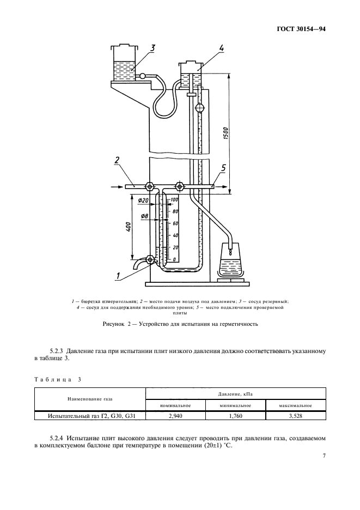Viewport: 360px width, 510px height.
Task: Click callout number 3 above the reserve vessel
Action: (x=152, y=48)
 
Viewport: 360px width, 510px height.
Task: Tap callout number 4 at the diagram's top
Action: (x=222, y=48)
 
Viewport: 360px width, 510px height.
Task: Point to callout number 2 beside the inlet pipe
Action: (x=117, y=160)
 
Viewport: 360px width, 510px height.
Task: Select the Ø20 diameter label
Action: (x=143, y=201)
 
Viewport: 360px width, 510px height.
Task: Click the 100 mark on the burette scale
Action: (x=174, y=201)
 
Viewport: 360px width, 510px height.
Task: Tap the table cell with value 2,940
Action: (x=175, y=417)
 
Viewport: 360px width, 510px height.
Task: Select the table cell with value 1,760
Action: (x=235, y=417)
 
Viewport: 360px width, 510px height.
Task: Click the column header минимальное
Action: (x=235, y=405)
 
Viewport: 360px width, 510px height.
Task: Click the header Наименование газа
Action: (x=90, y=399)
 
